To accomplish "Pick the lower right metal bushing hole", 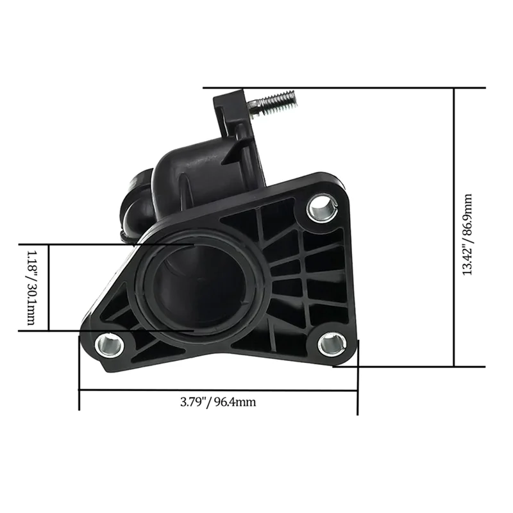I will pyautogui.click(x=331, y=344).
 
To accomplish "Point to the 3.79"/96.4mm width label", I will pyautogui.click(x=218, y=403).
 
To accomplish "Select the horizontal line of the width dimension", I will pyautogui.click(x=218, y=390).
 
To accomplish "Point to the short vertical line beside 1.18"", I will pyautogui.click(x=49, y=287).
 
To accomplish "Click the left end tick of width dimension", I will pyautogui.click(x=79, y=372).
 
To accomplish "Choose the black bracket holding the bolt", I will pyautogui.click(x=231, y=112).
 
